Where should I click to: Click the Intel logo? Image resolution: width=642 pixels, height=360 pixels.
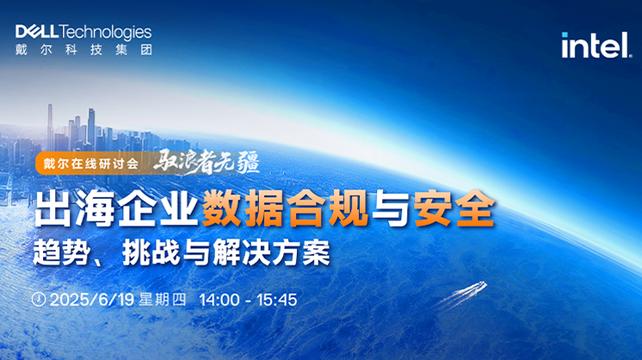coord(596,45)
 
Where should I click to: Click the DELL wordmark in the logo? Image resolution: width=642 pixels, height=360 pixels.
coord(37,32)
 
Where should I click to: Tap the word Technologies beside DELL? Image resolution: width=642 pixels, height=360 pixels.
coord(105,33)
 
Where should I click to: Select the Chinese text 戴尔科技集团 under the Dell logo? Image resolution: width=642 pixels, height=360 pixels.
coord(84,50)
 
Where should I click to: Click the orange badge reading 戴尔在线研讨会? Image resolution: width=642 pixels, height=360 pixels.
coord(91,164)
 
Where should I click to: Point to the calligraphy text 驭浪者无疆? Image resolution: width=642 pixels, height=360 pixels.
coord(207,162)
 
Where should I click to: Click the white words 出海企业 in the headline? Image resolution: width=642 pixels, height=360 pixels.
coord(116,209)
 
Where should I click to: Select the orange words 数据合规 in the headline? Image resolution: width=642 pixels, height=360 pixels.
coord(285,208)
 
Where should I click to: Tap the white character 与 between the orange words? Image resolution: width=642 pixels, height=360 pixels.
coord(390,209)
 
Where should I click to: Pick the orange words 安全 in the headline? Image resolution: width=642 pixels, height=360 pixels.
coord(454,208)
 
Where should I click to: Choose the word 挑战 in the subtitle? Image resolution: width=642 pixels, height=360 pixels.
coord(151,252)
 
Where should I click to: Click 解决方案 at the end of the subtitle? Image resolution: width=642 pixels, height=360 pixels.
coord(271,252)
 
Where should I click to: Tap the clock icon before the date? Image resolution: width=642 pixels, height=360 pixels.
coord(39,300)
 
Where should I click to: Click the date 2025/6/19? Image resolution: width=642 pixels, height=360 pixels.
coord(92,300)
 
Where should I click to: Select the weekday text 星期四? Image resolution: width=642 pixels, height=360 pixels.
coord(162,300)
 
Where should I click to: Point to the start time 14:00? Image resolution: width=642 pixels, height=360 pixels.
coord(219,300)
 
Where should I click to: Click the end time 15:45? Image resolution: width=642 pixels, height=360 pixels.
coord(277,300)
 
